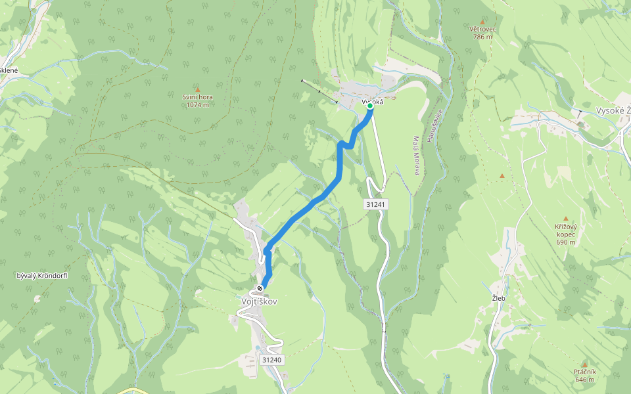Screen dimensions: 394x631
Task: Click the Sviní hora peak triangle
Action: click(x=197, y=89)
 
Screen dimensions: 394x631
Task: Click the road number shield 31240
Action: click(x=271, y=360)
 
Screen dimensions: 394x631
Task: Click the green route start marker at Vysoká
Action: click(x=370, y=106)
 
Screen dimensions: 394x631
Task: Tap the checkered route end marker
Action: click(x=262, y=288)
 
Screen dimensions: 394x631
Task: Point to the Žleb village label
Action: click(x=498, y=297)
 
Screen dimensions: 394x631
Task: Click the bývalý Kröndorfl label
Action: click(x=42, y=275)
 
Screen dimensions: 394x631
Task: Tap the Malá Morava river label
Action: click(x=416, y=156)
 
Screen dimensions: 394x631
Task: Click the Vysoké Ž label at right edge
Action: click(x=611, y=110)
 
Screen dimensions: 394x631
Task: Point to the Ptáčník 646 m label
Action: click(x=584, y=376)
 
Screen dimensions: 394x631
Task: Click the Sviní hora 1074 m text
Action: click(x=197, y=100)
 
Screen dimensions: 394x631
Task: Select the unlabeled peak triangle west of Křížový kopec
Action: click(x=502, y=176)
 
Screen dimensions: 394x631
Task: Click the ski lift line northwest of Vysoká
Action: click(x=319, y=91)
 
